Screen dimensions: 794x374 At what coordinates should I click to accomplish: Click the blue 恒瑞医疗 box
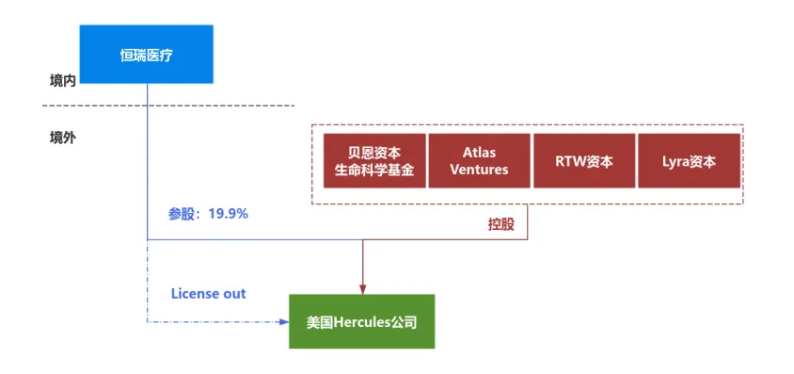click(x=147, y=55)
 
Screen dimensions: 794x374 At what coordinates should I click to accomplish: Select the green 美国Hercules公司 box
click(x=361, y=321)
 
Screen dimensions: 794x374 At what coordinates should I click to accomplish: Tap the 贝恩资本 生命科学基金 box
click(x=374, y=161)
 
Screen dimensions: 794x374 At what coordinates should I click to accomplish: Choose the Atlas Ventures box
click(x=479, y=161)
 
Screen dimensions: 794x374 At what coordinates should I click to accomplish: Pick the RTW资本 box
click(x=584, y=161)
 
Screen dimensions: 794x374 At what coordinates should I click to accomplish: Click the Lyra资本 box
click(x=690, y=161)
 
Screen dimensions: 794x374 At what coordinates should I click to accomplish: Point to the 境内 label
click(x=63, y=81)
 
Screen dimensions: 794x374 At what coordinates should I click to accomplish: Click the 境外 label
click(x=63, y=138)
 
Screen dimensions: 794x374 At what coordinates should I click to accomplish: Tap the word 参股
click(x=182, y=214)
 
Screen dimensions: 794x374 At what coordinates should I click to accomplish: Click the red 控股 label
click(x=501, y=224)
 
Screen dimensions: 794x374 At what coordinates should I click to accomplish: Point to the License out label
click(x=208, y=293)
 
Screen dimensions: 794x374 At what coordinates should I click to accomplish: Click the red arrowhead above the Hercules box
click(x=362, y=289)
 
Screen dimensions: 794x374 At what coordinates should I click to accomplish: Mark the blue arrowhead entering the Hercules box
click(x=283, y=322)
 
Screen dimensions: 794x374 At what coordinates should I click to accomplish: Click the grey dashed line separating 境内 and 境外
click(x=168, y=106)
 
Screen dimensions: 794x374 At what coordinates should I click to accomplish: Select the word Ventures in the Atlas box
click(x=479, y=169)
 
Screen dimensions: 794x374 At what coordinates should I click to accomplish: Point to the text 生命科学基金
click(x=374, y=170)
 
